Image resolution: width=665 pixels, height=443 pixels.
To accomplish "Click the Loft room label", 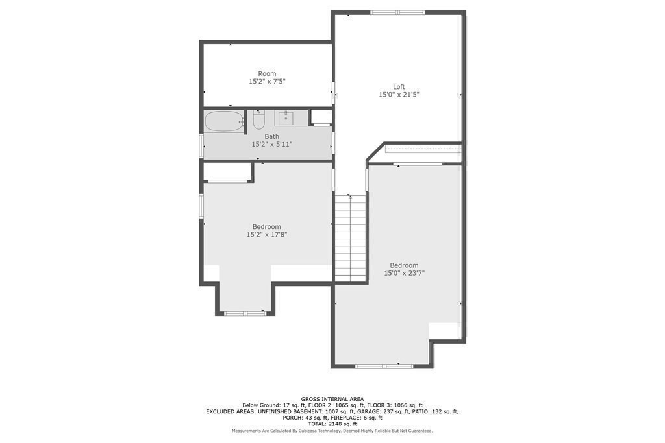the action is pyautogui.click(x=399, y=87).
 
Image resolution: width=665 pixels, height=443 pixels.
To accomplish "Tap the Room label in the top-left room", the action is pyautogui.click(x=267, y=74).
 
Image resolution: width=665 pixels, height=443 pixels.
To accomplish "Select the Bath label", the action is pyautogui.click(x=272, y=136).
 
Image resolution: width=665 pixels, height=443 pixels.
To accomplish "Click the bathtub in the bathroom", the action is pyautogui.click(x=225, y=121).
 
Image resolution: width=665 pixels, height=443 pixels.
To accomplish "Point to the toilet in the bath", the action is pyautogui.click(x=258, y=119).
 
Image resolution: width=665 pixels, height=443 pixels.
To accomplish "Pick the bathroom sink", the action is pyautogui.click(x=286, y=118).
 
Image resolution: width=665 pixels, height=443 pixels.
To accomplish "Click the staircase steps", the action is pyautogui.click(x=350, y=238).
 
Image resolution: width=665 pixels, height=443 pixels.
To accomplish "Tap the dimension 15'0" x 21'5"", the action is pyautogui.click(x=399, y=95).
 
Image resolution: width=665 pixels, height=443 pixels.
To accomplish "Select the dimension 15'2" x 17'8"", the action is pyautogui.click(x=267, y=234).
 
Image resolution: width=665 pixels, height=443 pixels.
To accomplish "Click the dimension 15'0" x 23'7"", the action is pyautogui.click(x=404, y=273).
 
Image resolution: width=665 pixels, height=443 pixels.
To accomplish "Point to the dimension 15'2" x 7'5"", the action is pyautogui.click(x=267, y=81).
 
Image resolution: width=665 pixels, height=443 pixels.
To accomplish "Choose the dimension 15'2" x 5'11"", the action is pyautogui.click(x=272, y=145).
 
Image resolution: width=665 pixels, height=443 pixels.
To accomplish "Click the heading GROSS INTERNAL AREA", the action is pyautogui.click(x=332, y=399).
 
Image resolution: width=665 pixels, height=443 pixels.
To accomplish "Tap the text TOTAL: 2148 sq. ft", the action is pyautogui.click(x=332, y=424).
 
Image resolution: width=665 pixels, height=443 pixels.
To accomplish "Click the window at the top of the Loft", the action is pyautogui.click(x=397, y=13).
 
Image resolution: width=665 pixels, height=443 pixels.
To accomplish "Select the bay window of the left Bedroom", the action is pyautogui.click(x=245, y=313).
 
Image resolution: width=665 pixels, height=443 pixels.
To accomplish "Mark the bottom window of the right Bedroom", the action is pyautogui.click(x=384, y=366).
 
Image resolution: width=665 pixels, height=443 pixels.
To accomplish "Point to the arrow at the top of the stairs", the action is pyautogui.click(x=350, y=197).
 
